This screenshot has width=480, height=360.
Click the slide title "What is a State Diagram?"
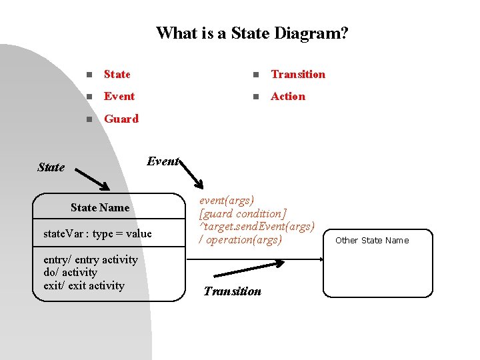tap(251, 33)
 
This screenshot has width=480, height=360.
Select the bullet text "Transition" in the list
tap(298, 74)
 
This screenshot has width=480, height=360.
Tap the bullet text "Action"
tap(287, 96)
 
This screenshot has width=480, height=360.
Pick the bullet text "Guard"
tap(121, 119)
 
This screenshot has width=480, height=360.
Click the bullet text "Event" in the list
tap(119, 96)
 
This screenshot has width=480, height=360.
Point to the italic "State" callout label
tap(51, 167)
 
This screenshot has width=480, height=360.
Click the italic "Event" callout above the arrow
tap(163, 161)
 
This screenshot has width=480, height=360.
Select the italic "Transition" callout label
tap(232, 291)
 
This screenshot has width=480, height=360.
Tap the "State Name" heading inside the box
tap(100, 207)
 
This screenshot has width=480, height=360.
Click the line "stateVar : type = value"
tap(97, 233)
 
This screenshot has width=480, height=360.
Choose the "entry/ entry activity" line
tap(91, 259)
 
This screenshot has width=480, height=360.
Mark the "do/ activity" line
tap(70, 272)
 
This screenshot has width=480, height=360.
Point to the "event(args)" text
tap(227, 200)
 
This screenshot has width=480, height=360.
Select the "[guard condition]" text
tap(243, 213)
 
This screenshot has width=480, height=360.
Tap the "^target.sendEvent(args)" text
tap(257, 227)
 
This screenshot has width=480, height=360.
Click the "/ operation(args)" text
tap(241, 239)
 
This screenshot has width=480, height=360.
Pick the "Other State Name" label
tap(372, 240)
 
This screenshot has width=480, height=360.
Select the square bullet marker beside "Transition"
tap(254, 75)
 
